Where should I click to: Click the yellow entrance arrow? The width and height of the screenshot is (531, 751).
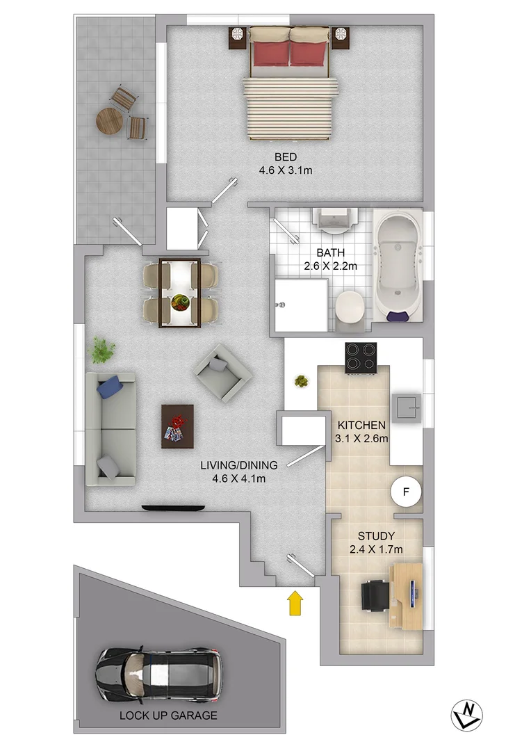[295, 603]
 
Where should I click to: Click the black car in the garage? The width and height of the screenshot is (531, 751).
[159, 673]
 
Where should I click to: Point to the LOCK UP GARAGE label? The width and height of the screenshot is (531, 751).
[168, 715]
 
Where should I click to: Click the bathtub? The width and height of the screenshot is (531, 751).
[398, 265]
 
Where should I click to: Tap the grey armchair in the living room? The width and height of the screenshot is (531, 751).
[222, 373]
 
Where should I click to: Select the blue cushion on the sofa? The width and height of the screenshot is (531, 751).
[111, 386]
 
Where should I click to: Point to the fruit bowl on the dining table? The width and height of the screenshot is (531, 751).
[180, 302]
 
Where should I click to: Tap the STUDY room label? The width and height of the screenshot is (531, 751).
[376, 536]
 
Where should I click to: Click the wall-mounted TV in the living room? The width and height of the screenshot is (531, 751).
[173, 508]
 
